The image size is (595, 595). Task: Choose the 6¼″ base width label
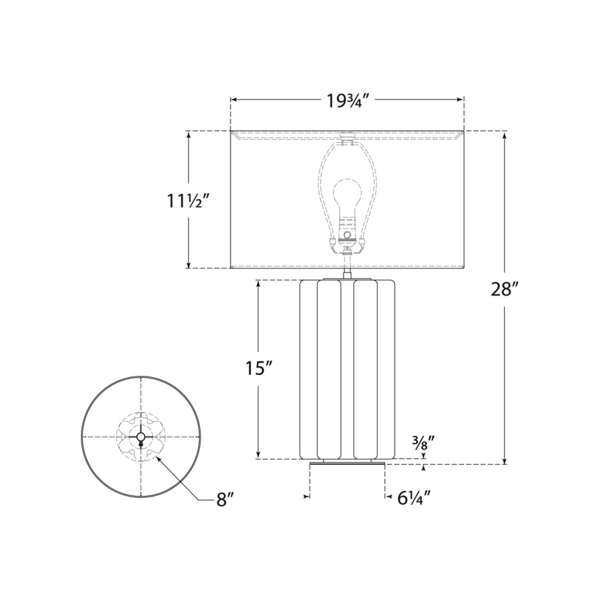[x=414, y=498]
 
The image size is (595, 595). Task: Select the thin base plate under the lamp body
[x=347, y=464]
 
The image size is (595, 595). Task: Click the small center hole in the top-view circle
[x=141, y=436]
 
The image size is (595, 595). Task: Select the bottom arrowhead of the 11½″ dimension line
[x=189, y=266]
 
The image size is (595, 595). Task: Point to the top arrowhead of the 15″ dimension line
[x=258, y=283]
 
